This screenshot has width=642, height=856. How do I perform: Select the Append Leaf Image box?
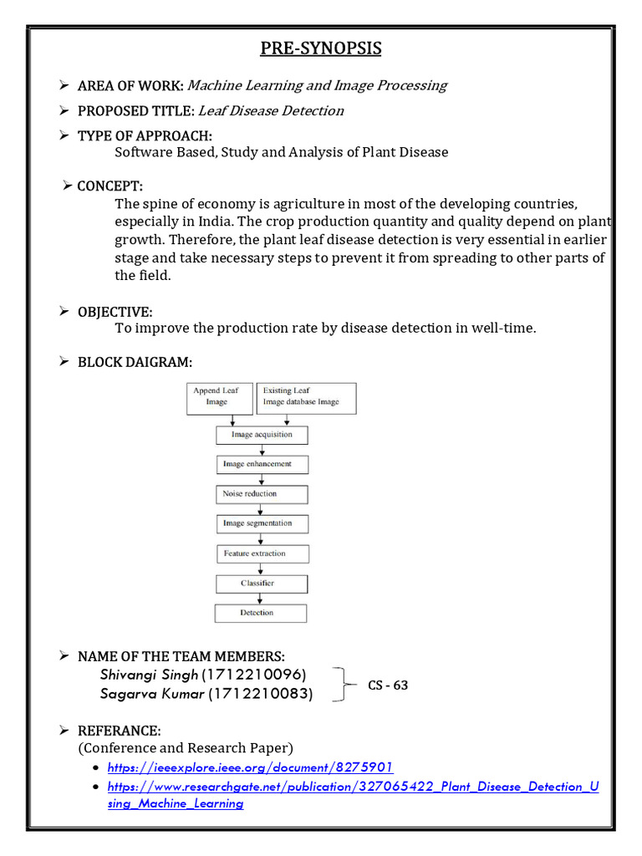click(218, 398)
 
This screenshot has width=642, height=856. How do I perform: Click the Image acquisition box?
click(262, 435)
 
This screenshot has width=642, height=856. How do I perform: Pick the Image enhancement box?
click(261, 464)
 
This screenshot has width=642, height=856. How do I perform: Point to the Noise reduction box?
click(261, 494)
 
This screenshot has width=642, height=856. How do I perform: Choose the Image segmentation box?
click(261, 524)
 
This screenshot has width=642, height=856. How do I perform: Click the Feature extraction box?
click(261, 553)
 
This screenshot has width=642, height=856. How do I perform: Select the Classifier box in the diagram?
click(261, 583)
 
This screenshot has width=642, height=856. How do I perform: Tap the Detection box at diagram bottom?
click(261, 614)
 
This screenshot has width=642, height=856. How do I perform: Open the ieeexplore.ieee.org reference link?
click(250, 767)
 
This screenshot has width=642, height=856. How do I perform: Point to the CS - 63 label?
click(388, 685)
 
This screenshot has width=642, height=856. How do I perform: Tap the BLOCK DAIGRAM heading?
click(135, 362)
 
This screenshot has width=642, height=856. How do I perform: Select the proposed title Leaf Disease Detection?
click(271, 110)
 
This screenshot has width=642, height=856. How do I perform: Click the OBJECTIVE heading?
click(115, 312)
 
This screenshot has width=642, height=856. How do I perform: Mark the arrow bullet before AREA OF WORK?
click(63, 84)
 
